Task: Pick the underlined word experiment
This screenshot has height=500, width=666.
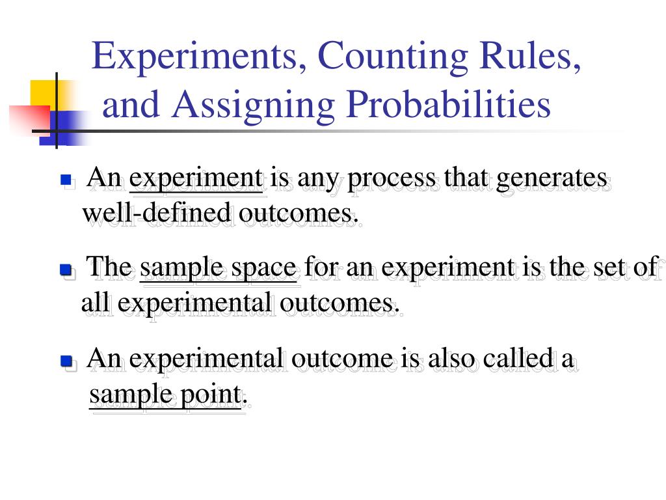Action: point(196,178)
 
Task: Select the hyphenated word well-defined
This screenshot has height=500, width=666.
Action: point(157,213)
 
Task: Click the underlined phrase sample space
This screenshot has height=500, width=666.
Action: point(219,268)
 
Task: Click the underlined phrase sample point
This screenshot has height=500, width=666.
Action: point(165,395)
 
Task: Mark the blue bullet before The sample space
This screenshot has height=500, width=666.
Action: point(65,269)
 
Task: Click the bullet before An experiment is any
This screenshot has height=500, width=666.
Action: point(65,179)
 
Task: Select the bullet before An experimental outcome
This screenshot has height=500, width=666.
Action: point(65,360)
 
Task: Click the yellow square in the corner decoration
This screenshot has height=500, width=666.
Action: point(42,92)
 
